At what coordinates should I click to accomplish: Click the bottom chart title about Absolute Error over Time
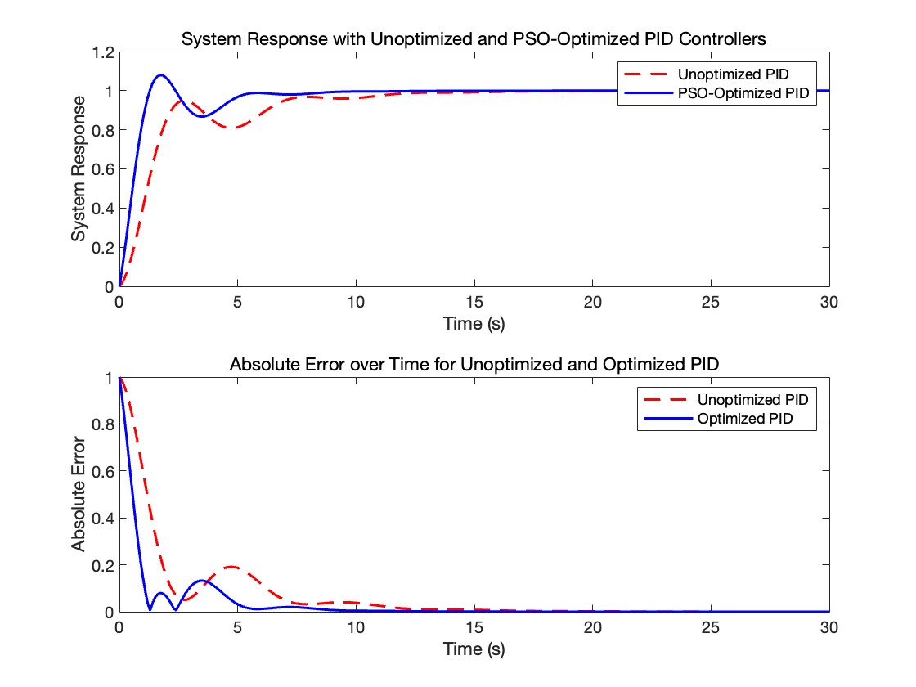[474, 364]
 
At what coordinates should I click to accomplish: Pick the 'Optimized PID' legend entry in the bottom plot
[745, 419]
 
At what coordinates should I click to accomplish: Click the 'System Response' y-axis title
[79, 168]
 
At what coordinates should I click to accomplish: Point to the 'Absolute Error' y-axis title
[79, 494]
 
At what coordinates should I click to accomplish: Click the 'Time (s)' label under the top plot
[474, 324]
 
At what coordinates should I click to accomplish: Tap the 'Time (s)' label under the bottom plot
[474, 649]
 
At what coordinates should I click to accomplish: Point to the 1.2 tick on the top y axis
[103, 52]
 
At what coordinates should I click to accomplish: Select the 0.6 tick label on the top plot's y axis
[103, 169]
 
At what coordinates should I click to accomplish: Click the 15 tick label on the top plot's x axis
[474, 301]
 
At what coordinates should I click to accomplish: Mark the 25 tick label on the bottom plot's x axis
[711, 626]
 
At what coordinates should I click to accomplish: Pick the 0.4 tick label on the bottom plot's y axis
[103, 518]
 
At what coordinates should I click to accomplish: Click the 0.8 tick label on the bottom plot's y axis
[103, 424]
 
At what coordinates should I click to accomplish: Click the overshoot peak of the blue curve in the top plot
[160, 75]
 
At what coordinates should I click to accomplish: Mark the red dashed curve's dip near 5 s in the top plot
[234, 128]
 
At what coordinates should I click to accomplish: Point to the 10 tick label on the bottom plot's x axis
[356, 626]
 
